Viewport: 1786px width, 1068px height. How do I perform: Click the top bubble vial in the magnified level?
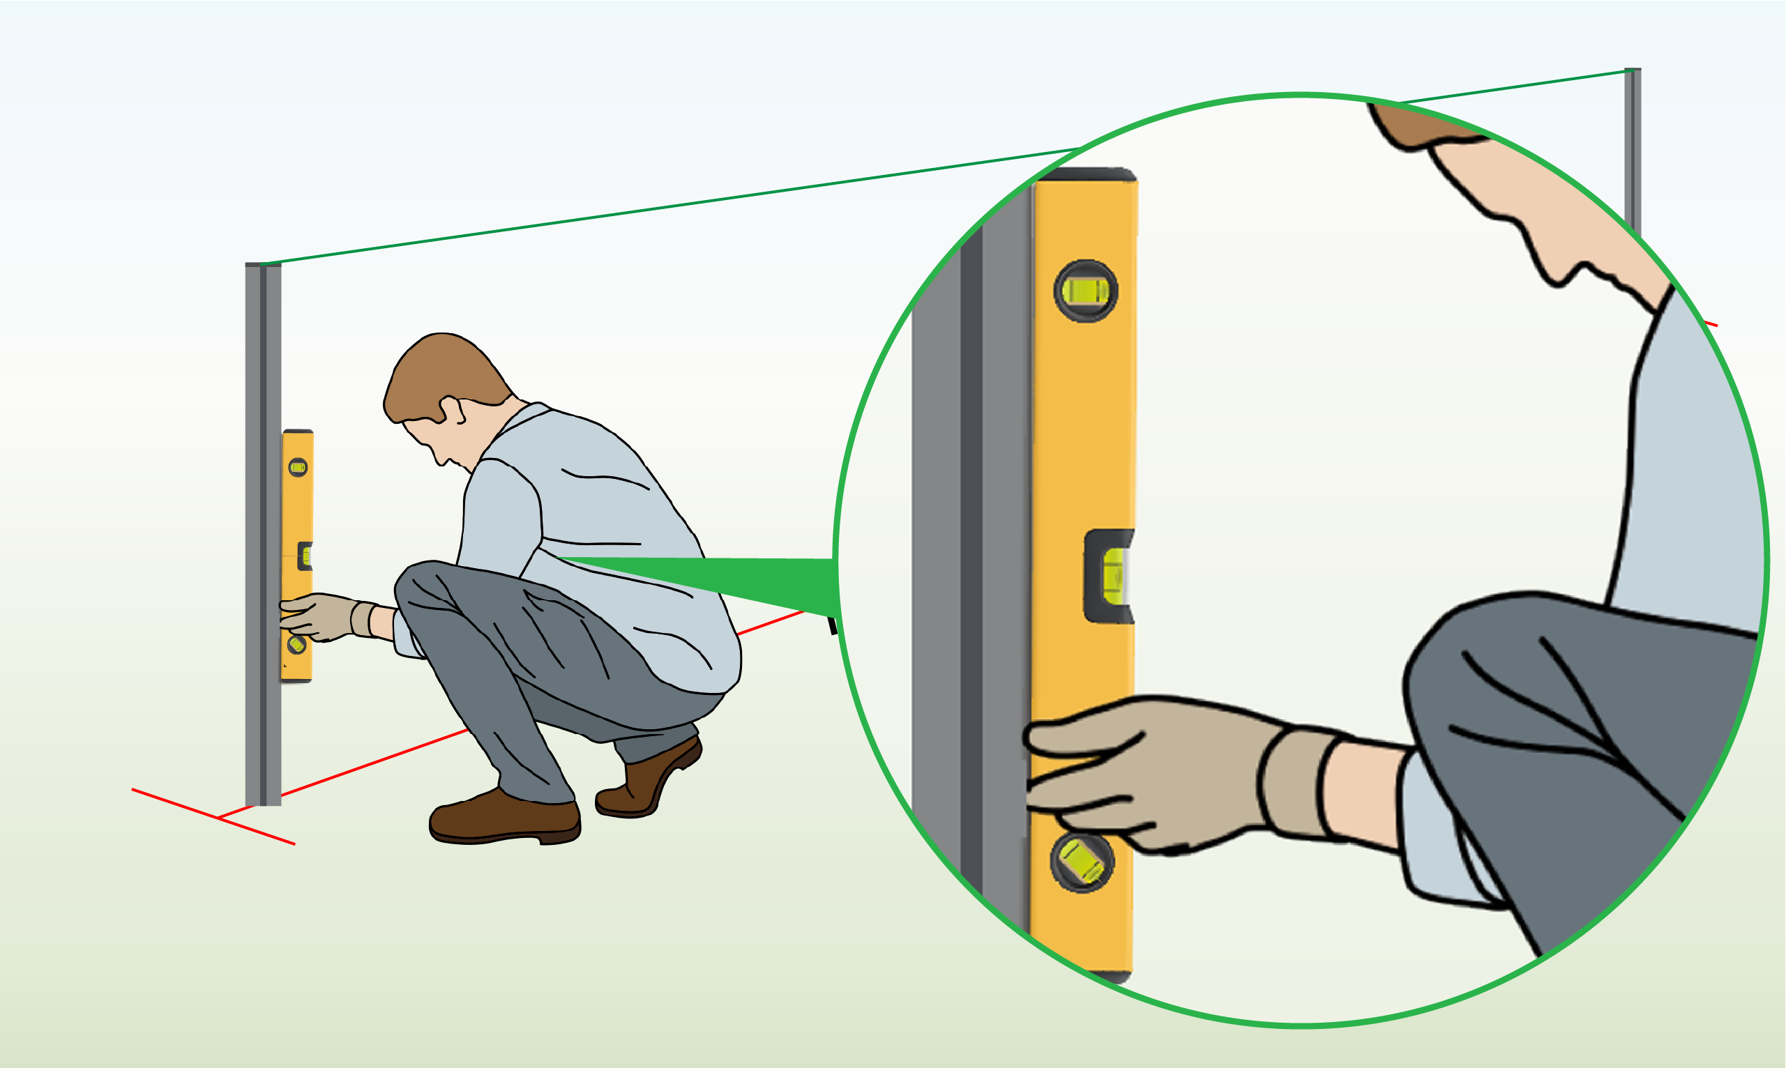pos(1086,291)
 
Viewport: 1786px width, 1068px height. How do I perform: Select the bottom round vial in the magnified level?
pos(1081,863)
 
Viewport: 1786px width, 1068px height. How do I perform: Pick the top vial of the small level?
pos(298,468)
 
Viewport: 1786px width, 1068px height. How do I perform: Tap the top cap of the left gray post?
pos(263,265)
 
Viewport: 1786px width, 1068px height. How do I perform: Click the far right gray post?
pos(1633,144)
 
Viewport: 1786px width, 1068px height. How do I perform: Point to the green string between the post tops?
pos(648,208)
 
